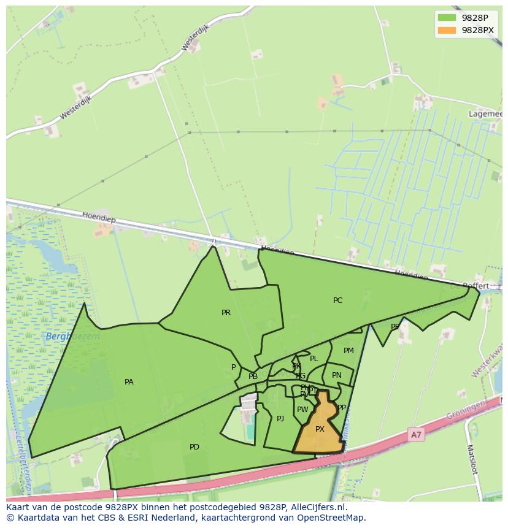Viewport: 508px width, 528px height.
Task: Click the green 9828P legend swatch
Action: (x=447, y=18)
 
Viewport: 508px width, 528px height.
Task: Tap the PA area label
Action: (x=129, y=382)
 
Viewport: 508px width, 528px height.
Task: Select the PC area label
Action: (x=337, y=300)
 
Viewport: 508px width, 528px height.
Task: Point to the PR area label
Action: (x=226, y=313)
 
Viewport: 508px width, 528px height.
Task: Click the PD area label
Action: (x=194, y=447)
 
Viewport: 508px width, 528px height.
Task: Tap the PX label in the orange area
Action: (x=320, y=429)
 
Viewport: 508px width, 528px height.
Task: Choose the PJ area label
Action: (x=280, y=419)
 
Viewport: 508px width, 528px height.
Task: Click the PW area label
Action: (x=302, y=410)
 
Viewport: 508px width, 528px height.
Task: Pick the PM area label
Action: (x=348, y=351)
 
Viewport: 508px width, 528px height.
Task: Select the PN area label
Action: (x=337, y=375)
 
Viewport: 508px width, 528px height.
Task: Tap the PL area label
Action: (x=314, y=359)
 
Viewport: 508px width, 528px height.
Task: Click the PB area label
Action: (x=253, y=377)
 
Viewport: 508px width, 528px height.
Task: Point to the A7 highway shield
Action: (x=417, y=435)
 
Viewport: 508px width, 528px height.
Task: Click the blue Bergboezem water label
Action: (x=72, y=337)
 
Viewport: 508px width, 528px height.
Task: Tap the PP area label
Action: (x=342, y=407)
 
